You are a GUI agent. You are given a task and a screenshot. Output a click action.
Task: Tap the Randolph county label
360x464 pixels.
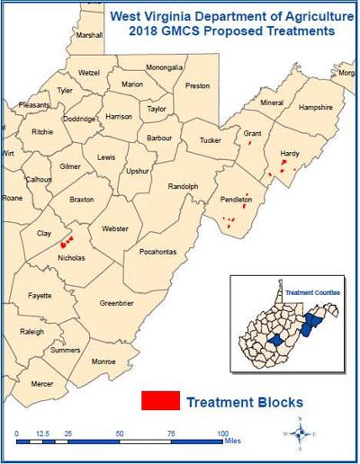pos(183,186)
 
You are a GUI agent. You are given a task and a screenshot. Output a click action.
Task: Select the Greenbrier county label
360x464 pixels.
pos(117,302)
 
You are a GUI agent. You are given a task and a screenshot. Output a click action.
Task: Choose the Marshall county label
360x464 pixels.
pos(90,35)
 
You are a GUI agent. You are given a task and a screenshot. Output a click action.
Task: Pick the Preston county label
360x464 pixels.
pos(197,85)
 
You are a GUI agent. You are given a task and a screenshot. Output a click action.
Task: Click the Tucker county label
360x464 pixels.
pos(210,140)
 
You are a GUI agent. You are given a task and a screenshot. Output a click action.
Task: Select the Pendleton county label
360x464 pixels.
pos(237,199)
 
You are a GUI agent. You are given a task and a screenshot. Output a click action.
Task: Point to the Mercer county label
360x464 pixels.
pos(42,384)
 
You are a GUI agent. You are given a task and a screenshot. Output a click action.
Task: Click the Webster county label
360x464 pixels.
pos(116,228)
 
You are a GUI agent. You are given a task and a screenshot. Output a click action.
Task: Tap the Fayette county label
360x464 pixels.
pos(40,295)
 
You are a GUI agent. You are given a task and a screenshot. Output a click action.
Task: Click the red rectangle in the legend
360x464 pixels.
pos(159,401)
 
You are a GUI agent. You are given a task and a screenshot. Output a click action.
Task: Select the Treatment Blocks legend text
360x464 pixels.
pos(244,402)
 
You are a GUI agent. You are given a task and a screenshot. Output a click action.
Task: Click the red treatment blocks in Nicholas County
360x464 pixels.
pos(65,241)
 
